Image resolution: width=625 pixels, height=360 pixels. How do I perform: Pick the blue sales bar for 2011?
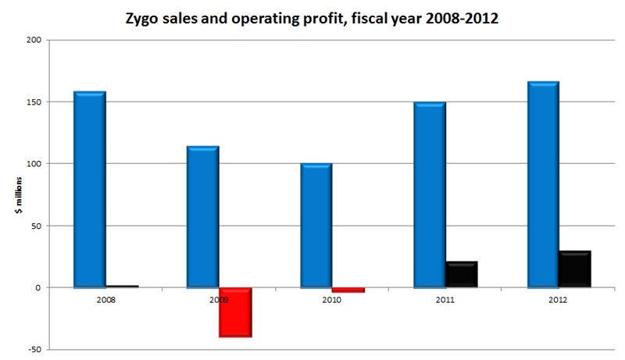429,195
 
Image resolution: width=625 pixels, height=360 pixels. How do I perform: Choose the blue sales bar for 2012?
542,185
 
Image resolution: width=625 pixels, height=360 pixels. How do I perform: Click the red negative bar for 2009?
235,312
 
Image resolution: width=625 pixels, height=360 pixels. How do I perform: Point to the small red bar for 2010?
348,290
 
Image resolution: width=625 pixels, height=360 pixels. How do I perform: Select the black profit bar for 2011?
461,274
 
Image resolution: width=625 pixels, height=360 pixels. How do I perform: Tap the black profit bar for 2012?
574,269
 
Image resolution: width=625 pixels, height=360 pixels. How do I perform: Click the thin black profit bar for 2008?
122,287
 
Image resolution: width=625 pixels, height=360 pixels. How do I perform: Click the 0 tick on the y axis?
37,288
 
